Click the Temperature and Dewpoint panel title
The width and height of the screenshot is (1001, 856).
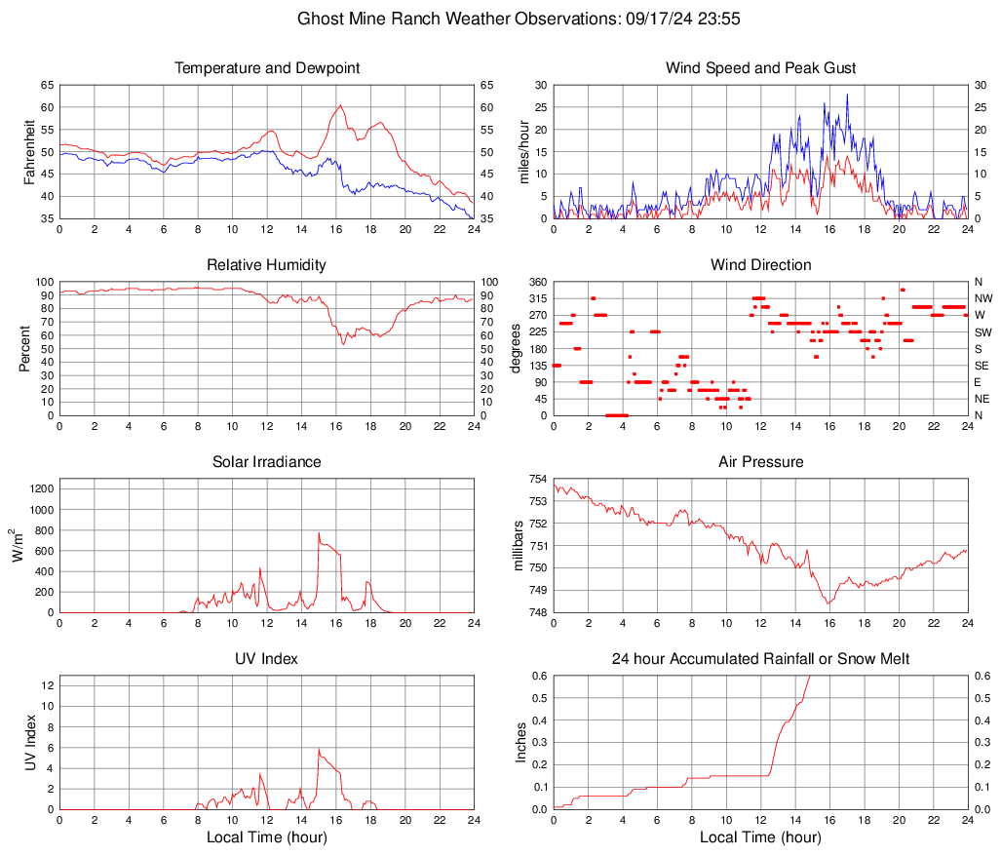tap(267, 68)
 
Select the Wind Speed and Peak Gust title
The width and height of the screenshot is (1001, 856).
tap(761, 68)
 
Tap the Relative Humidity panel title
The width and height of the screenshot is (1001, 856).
tap(267, 265)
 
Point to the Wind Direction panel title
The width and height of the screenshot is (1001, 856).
tap(761, 265)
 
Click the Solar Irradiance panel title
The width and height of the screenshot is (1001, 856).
tap(267, 462)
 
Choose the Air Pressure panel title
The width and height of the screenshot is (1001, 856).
tap(761, 462)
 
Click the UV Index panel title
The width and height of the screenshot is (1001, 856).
tap(267, 659)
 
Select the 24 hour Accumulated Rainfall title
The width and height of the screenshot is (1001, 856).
tap(761, 659)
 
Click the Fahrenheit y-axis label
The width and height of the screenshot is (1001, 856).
tap(28, 152)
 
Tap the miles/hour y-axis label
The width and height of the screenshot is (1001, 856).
tap(523, 152)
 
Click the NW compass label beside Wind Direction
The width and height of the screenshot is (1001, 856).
tap(983, 298)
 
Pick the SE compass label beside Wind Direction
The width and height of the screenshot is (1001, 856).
tap(982, 366)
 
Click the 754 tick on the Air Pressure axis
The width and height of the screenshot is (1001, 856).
tap(536, 479)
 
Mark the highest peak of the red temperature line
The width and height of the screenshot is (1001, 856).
tap(340, 105)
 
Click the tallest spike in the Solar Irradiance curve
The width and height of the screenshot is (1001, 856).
tap(319, 533)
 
